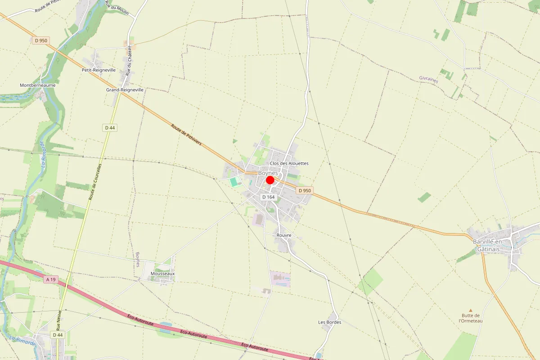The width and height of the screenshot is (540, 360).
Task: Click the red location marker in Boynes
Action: [270, 180]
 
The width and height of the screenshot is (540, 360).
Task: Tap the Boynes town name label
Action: [268, 173]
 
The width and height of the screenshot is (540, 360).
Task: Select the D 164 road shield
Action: [268, 197]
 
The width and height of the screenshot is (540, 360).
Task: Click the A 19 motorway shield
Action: [51, 279]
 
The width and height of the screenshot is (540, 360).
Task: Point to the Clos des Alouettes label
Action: [289, 163]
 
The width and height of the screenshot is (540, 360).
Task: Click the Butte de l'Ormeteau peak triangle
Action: [471, 310]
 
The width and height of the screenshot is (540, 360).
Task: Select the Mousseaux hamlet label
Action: [162, 274]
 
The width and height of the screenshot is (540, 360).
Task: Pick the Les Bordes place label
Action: [330, 322]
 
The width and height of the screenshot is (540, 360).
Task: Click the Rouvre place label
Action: [284, 235]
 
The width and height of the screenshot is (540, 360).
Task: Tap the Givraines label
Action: [428, 80]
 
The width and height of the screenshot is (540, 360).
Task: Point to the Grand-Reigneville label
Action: [125, 90]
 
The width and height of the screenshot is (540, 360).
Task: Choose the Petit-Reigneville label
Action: [99, 70]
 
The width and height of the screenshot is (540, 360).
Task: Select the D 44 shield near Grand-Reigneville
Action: [110, 128]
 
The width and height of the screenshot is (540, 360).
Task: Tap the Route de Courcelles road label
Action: [95, 182]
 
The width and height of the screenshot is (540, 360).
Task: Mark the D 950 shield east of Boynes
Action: [304, 190]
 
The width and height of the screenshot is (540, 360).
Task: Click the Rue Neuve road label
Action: [58, 320]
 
